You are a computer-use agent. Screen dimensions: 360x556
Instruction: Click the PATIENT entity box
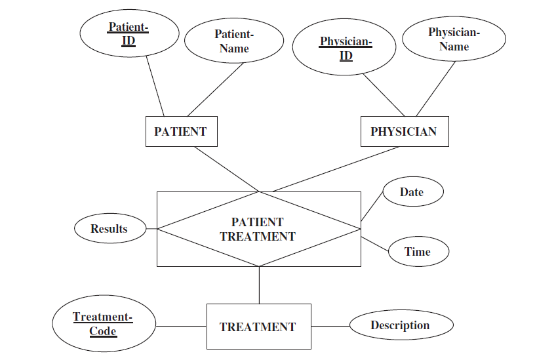[x=180, y=131]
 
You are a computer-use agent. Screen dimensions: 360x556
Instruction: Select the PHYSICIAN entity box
[x=403, y=131]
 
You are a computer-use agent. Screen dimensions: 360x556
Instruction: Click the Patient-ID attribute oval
[x=129, y=33]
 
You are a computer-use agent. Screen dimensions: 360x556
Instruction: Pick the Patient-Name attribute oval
[x=234, y=41]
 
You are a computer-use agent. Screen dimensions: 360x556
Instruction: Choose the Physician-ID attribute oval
[x=345, y=49]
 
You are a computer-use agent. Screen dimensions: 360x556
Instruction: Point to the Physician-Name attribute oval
[x=454, y=39]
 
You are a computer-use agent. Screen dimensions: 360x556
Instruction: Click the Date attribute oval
[x=412, y=192]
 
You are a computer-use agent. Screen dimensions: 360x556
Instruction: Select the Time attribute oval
[x=418, y=252]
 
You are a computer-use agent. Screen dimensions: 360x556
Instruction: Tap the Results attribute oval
[x=109, y=228]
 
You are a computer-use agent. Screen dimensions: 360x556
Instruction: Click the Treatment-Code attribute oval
[x=103, y=324]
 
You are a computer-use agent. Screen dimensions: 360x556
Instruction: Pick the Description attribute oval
[x=400, y=325]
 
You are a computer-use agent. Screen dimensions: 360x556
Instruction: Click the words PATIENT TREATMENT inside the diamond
[x=258, y=230]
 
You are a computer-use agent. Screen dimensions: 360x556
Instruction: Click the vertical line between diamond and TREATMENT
[x=260, y=285]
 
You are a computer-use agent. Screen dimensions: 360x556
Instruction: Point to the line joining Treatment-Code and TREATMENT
[x=181, y=326]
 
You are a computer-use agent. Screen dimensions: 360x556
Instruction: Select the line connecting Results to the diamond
[x=151, y=229]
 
